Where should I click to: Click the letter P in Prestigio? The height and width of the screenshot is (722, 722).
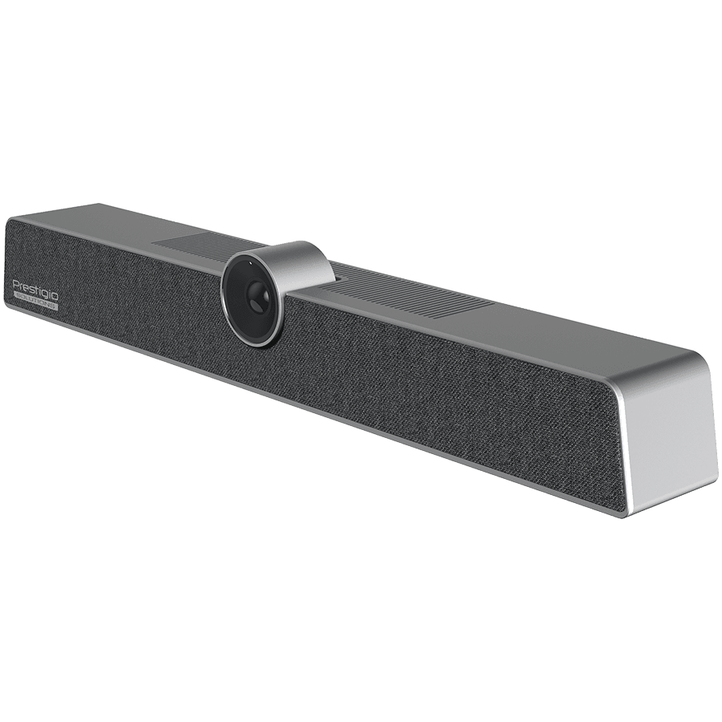pos(15,281)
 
